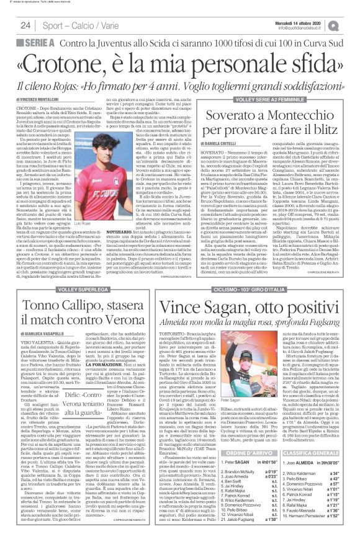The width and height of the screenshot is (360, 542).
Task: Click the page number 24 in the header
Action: pos(26,25)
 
